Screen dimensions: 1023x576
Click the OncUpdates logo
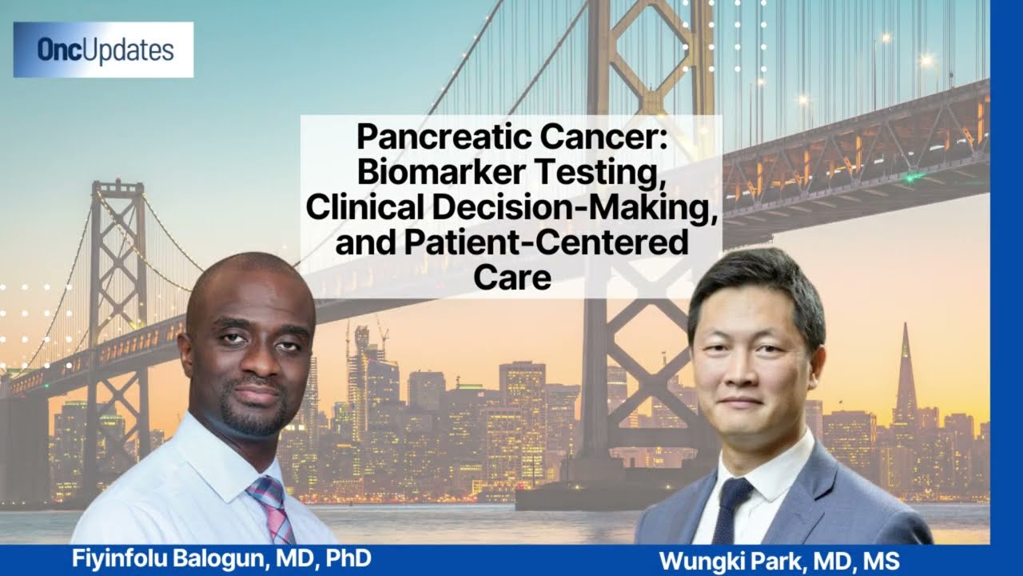point(103,50)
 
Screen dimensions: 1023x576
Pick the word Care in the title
point(512,277)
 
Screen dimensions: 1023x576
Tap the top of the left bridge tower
point(117,183)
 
